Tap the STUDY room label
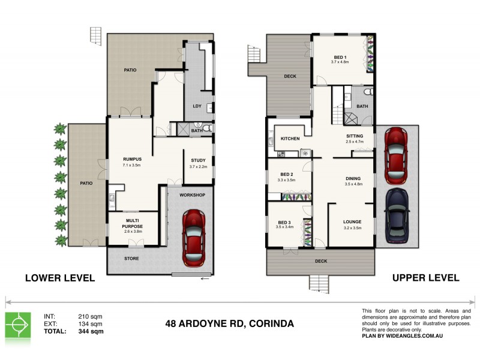tap(198, 160)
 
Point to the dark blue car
tap(396, 214)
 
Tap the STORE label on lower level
tap(132, 259)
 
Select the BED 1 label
tap(340, 57)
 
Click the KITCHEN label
tap(290, 139)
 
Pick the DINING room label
tap(352, 178)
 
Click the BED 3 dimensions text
tap(284, 227)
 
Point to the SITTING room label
tap(355, 136)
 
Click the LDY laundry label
tap(197, 106)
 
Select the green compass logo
tap(17, 325)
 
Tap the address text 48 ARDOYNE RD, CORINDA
tap(229, 323)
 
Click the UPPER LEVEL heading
tap(425, 278)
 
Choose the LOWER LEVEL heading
tap(59, 278)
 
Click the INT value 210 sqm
tap(90, 316)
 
